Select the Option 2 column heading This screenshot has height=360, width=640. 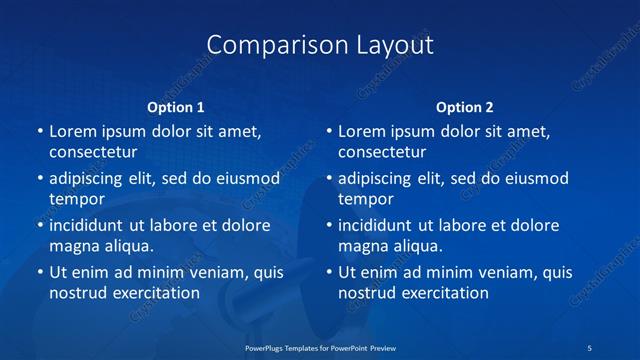(x=465, y=107)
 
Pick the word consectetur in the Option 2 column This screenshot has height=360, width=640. (x=382, y=152)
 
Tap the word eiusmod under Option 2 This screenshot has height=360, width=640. (x=537, y=178)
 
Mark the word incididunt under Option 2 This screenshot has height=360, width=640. (x=378, y=225)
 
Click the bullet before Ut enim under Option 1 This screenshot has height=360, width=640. (x=39, y=272)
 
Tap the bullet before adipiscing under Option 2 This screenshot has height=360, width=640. (x=328, y=178)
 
